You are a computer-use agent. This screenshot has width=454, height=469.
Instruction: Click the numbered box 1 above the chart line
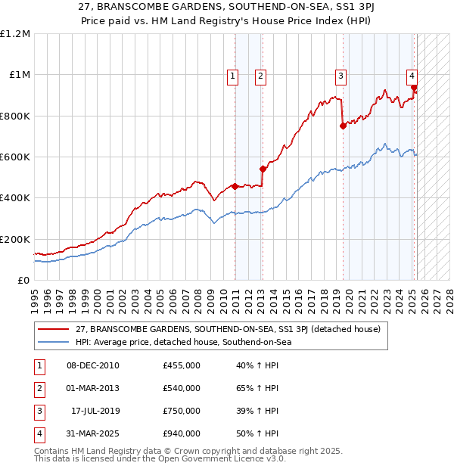coord(232,75)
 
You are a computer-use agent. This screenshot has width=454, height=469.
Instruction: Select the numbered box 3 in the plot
coord(341,75)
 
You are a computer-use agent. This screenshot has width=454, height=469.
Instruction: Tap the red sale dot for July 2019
coord(343,126)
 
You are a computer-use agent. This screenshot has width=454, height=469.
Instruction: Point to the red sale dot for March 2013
coord(263,169)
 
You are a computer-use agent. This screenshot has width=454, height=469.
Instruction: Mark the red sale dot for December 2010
coord(235,186)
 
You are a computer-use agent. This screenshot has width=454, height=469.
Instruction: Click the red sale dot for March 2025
coord(414,87)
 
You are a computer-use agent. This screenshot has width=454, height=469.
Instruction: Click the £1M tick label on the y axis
coord(19,75)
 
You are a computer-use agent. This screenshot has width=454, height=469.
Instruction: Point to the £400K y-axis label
coord(15,198)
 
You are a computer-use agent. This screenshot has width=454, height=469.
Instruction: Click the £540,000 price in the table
coord(182,388)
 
